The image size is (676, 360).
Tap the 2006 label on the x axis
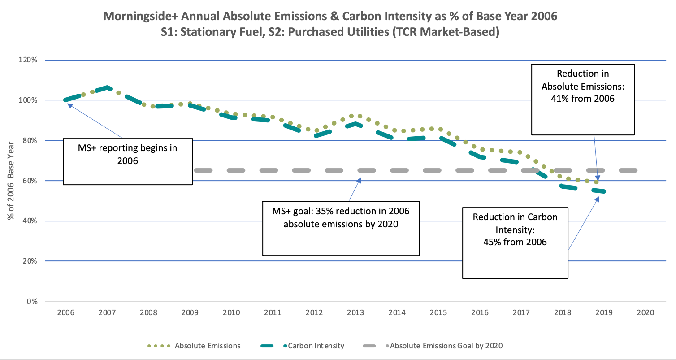[x=65, y=312]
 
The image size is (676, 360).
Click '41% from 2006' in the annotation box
[x=582, y=99]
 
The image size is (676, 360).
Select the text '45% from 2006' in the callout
[x=515, y=242]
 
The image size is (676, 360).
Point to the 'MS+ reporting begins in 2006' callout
[x=127, y=154]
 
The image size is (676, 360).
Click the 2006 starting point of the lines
[x=65, y=100]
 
